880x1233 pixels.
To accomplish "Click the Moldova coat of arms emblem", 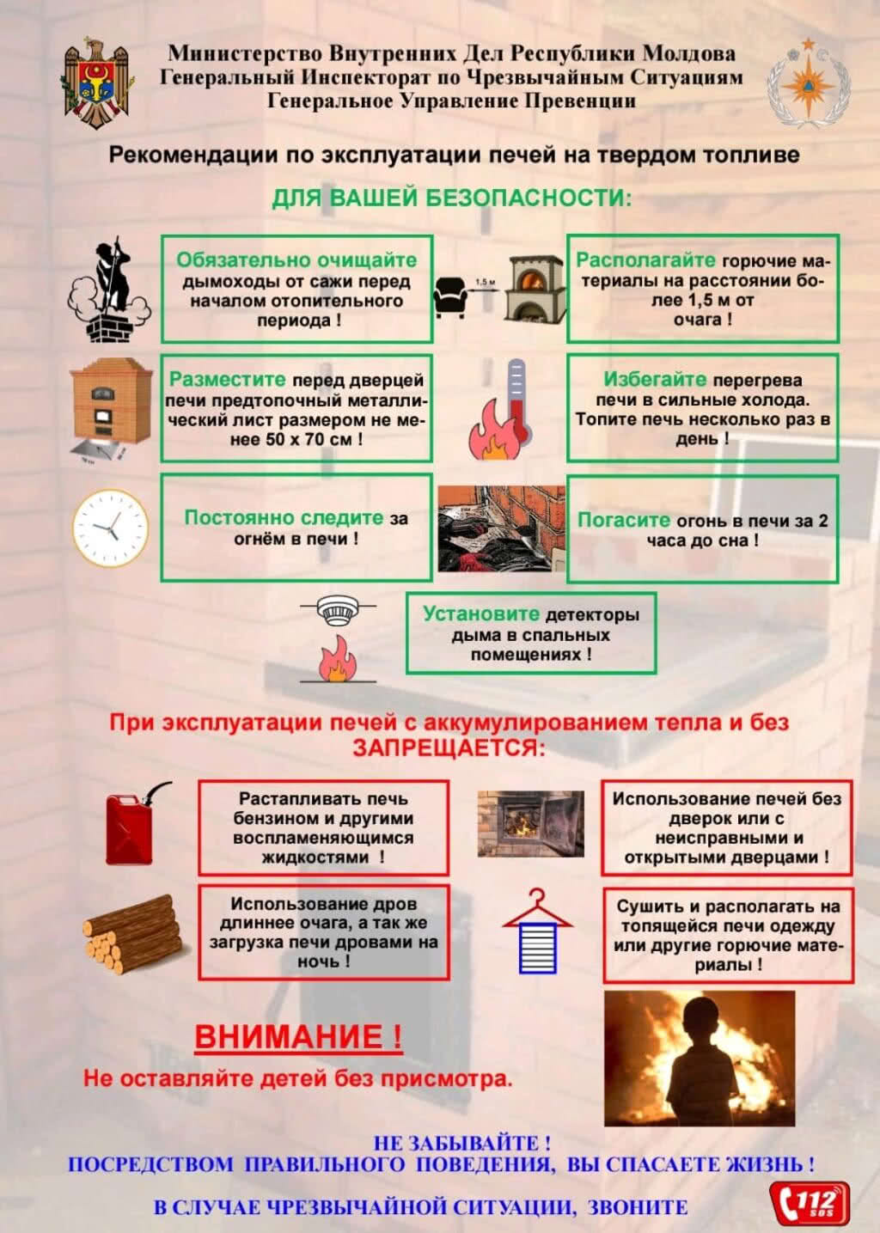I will pyautogui.click(x=96, y=83).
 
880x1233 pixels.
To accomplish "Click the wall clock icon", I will pyautogui.click(x=109, y=528).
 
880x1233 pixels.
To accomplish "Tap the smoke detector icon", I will pyautogui.click(x=338, y=612).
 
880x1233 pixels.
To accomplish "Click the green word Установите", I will pyautogui.click(x=480, y=614).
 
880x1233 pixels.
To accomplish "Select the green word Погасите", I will pyautogui.click(x=623, y=520).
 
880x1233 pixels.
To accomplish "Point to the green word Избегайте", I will pyautogui.click(x=655, y=379).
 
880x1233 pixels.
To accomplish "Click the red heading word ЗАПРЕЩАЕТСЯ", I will pyautogui.click(x=449, y=748).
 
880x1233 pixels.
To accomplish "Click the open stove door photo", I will pyautogui.click(x=530, y=823).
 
